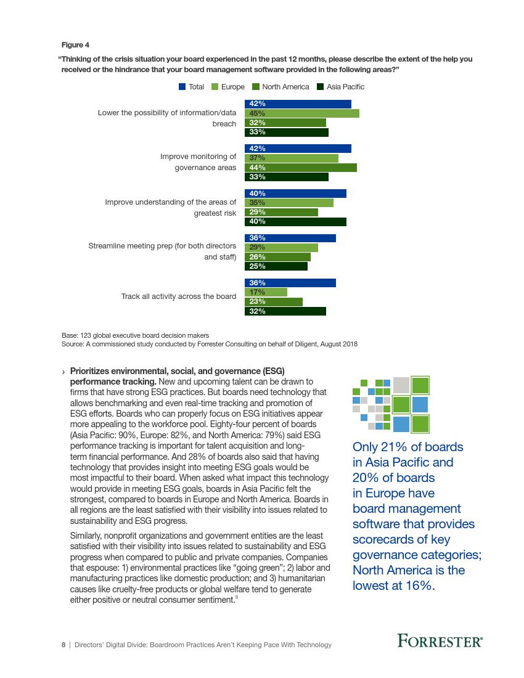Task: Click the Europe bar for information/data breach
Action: pos(302,113)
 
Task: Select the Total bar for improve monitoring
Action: pos(298,149)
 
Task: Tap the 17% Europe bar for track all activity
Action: pos(266,292)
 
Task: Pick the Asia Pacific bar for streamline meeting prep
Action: pos(276,266)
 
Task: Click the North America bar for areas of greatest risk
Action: pos(282,212)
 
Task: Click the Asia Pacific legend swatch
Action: pos(321,87)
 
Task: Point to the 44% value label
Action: pos(258,168)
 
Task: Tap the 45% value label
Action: pos(258,113)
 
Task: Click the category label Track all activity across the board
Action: pos(179,296)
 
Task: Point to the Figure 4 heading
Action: pos(75,45)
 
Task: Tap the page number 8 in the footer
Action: pos(63,645)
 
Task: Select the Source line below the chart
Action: pos(210,344)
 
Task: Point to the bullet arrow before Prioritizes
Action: pos(64,372)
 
